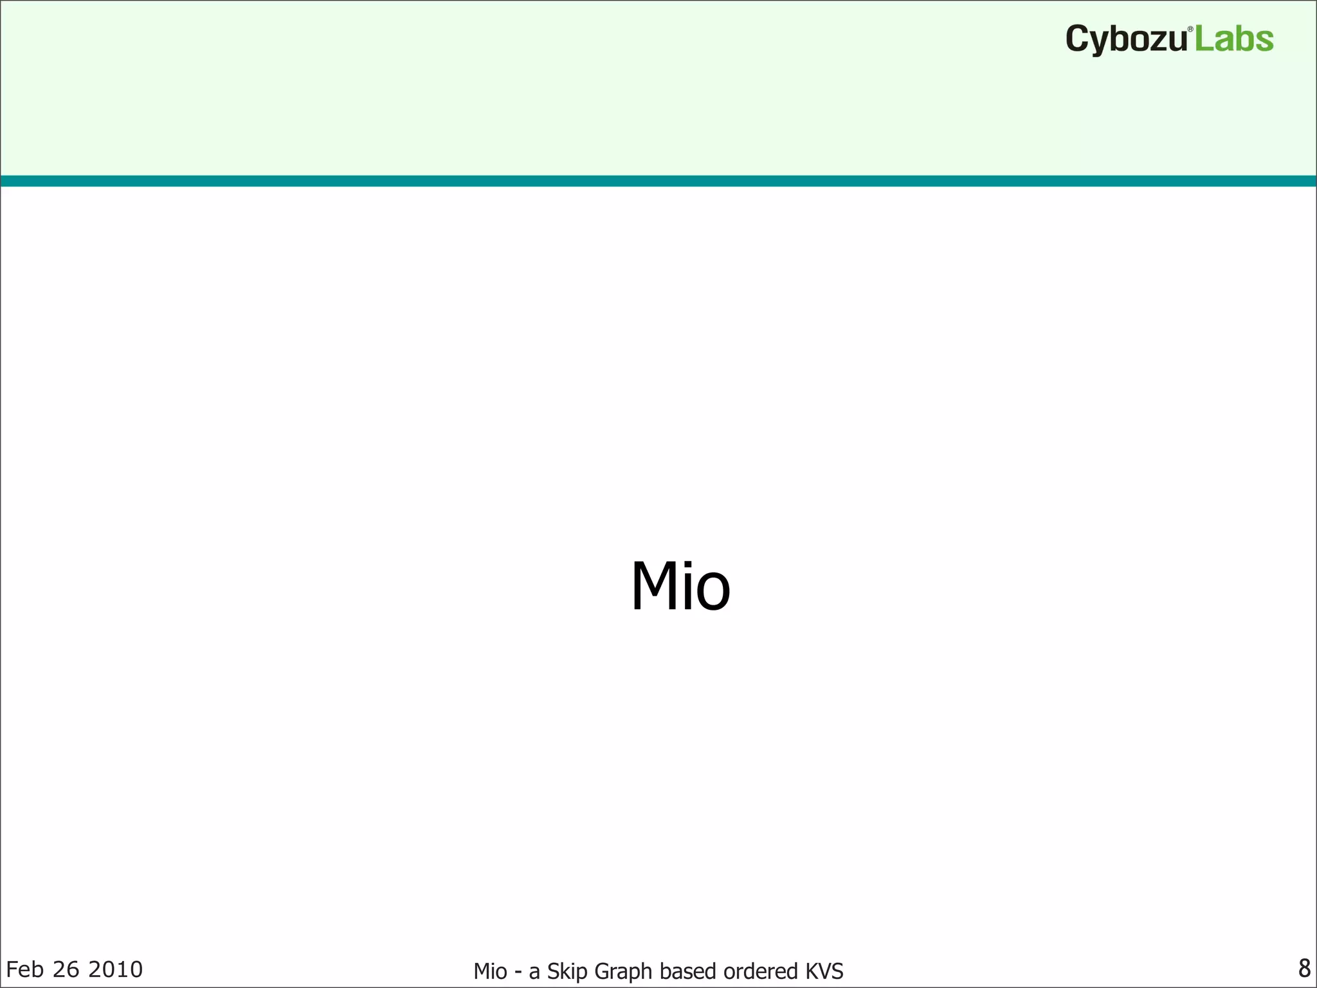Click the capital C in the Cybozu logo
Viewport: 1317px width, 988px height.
tap(1078, 39)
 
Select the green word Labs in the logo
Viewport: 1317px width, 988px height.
tap(1234, 39)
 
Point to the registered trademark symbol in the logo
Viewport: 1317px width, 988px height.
tap(1190, 30)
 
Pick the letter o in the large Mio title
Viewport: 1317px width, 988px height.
tap(713, 593)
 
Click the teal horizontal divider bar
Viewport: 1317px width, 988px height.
tap(658, 181)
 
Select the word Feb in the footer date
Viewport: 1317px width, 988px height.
tap(24, 969)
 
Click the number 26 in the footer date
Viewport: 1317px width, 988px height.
tap(66, 969)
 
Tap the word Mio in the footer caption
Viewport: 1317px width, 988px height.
tap(490, 971)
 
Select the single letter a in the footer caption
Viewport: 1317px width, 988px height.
tap(534, 973)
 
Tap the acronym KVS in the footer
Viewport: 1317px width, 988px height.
tap(824, 971)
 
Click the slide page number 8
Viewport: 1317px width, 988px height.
tap(1304, 967)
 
